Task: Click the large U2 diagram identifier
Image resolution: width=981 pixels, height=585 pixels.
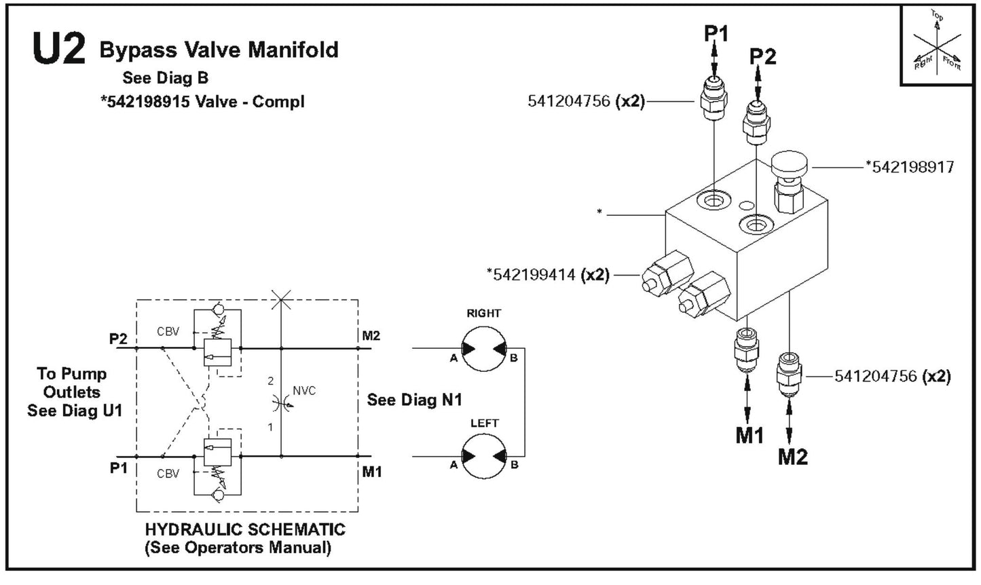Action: point(59,50)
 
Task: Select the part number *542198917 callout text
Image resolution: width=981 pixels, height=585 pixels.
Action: point(909,166)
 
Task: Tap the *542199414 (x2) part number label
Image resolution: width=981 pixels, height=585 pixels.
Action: point(548,275)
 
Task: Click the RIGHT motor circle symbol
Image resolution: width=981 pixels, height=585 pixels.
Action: point(484,350)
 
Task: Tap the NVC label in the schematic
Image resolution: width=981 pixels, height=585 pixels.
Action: point(304,391)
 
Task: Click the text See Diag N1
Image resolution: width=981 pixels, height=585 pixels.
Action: point(414,400)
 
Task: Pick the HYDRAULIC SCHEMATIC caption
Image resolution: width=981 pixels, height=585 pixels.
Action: point(245,529)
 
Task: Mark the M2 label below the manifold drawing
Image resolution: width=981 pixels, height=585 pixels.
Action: point(792,457)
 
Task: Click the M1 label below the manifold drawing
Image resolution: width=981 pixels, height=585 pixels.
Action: point(749,436)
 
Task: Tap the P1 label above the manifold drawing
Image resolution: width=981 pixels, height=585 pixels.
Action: point(715,33)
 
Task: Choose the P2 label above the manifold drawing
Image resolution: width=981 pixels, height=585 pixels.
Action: point(762,56)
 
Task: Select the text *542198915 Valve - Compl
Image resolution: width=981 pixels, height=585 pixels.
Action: point(202,102)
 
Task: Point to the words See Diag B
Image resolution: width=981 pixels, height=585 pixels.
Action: point(165,77)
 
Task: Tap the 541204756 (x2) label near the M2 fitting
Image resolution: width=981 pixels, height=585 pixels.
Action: point(892,376)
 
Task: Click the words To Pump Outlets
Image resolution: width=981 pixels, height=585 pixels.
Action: point(71,383)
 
